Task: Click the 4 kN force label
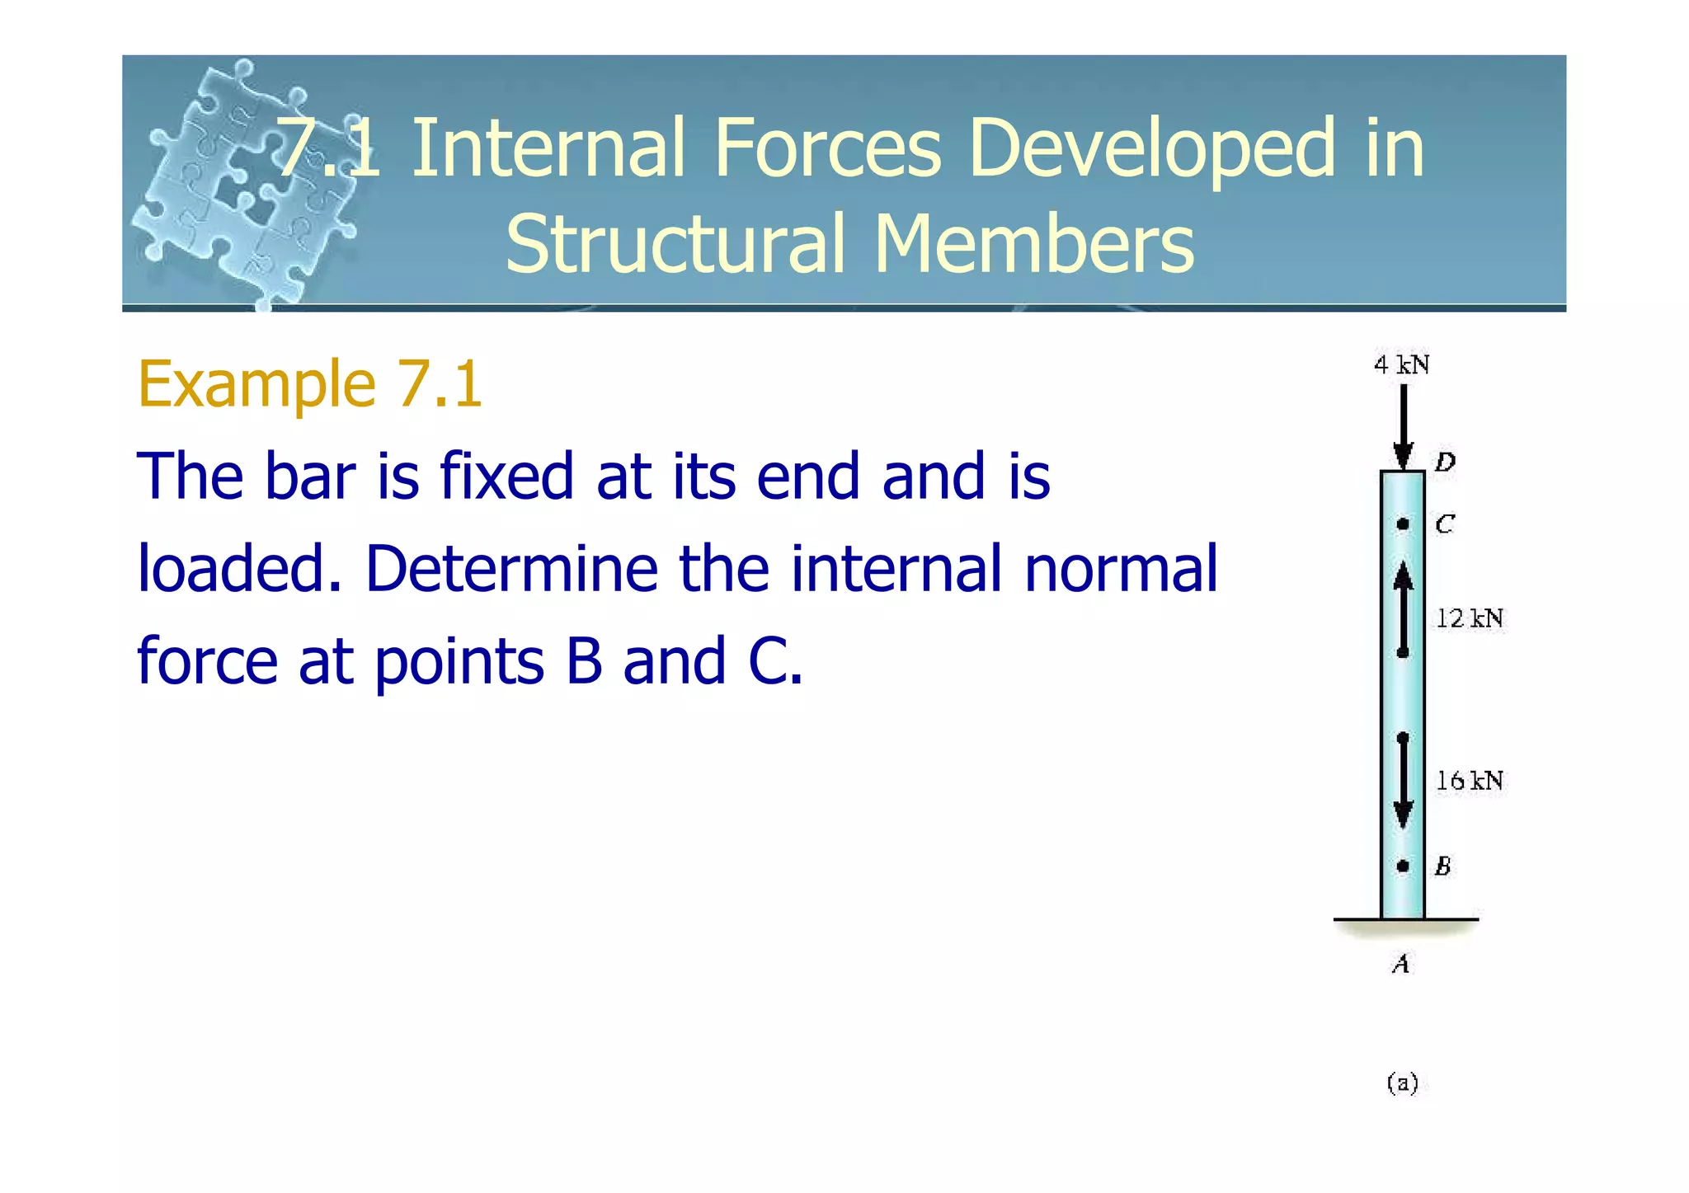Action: tap(1401, 364)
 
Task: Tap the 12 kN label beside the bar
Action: tap(1470, 618)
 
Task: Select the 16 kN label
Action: tap(1470, 780)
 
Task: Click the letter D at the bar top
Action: tap(1445, 462)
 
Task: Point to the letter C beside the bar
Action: tap(1445, 524)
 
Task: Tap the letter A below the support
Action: tap(1401, 963)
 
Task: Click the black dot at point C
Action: tap(1402, 524)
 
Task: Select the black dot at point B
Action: tap(1402, 866)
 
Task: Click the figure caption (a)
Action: tap(1402, 1083)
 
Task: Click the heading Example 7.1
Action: tap(309, 384)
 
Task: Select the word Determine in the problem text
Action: tap(511, 568)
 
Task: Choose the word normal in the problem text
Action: tap(1121, 568)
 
